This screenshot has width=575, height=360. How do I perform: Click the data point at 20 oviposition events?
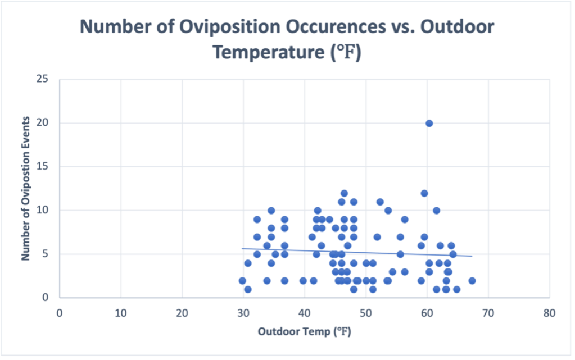[x=429, y=123]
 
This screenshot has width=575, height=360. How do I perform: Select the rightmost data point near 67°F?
[x=472, y=280]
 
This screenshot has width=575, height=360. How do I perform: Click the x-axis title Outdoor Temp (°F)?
[x=305, y=332]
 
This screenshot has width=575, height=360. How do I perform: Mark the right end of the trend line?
[x=472, y=256]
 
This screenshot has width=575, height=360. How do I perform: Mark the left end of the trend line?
[x=242, y=248]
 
